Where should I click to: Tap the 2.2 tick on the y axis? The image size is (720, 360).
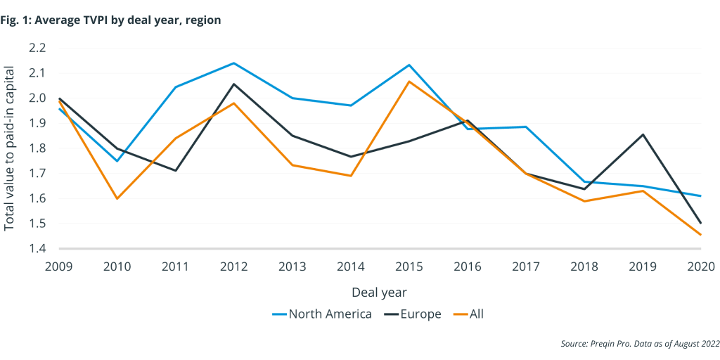37,48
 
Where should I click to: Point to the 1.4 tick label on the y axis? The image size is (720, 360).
37,249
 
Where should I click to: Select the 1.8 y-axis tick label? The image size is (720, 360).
37,148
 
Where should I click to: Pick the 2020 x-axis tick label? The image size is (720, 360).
700,267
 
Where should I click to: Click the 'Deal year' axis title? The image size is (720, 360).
380,291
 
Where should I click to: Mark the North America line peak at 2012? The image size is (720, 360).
234,63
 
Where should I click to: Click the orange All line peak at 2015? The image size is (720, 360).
409,82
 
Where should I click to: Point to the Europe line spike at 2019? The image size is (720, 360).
642,134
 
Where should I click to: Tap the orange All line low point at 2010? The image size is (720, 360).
117,198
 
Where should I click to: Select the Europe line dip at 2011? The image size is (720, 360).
176,170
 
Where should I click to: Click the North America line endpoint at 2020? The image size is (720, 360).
700,196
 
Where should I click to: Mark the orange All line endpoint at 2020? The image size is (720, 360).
700,235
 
